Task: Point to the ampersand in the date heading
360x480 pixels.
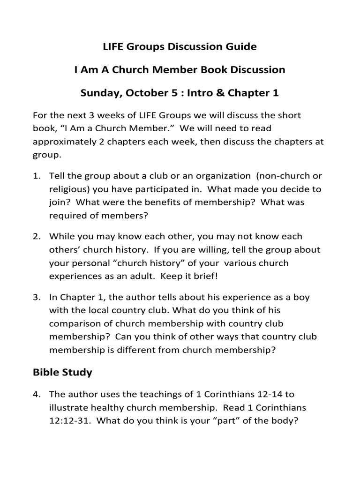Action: pyautogui.click(x=220, y=93)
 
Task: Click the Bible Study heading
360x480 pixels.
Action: pyautogui.click(x=62, y=373)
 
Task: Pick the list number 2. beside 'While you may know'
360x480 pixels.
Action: pyautogui.click(x=37, y=237)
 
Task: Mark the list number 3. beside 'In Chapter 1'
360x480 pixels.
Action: pyautogui.click(x=37, y=297)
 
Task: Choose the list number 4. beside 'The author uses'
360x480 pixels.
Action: pyautogui.click(x=37, y=394)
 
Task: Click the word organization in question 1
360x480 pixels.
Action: pyautogui.click(x=223, y=176)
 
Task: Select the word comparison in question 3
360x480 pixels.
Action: pyautogui.click(x=75, y=323)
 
